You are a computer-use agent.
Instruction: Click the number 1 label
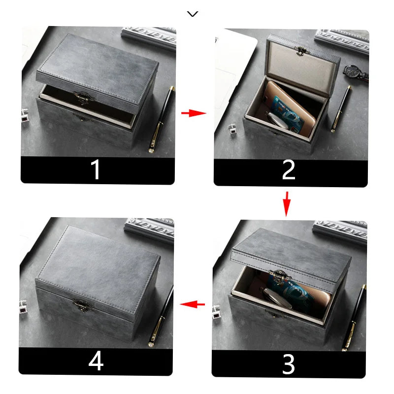(96, 170)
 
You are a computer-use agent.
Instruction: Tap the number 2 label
(289, 170)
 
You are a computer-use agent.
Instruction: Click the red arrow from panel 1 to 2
(193, 113)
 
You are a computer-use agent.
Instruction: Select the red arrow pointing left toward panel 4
(193, 304)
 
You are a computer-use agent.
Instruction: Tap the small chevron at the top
(193, 14)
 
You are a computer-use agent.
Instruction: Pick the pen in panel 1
(162, 118)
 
